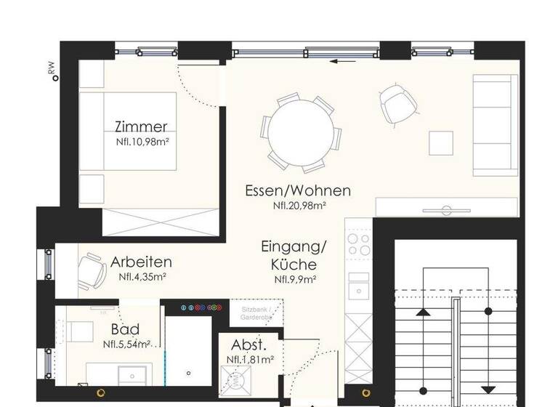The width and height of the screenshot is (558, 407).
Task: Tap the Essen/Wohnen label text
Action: coord(298,191)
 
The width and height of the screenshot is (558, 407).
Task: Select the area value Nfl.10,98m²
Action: coord(142,142)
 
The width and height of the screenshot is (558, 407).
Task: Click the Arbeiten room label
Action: coord(141,262)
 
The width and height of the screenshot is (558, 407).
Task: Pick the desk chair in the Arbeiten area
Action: coord(93,269)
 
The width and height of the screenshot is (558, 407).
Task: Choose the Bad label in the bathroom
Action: coord(125,330)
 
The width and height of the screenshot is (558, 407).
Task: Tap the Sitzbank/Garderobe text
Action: coord(256,313)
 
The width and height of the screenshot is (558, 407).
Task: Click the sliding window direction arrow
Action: coord(343,61)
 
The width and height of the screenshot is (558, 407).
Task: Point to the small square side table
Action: coord(441,142)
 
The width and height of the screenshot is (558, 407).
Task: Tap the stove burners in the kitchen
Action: coord(358,244)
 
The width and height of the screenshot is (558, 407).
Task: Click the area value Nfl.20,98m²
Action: coord(299,206)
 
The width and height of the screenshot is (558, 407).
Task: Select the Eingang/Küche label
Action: coord(294,256)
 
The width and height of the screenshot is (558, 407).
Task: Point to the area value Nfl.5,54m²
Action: coord(126,344)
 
